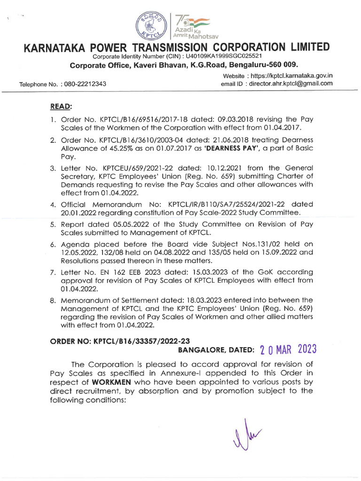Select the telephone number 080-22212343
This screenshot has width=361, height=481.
pos(85,84)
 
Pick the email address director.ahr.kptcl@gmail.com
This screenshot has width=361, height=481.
pos(290,83)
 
